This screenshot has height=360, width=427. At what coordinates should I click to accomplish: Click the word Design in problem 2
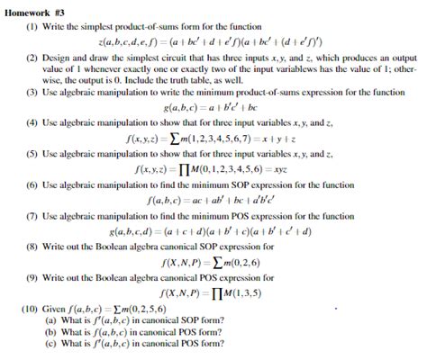tap(56, 56)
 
